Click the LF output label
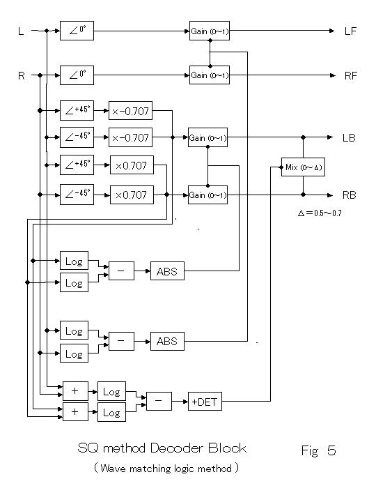tap(350, 31)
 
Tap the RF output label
tap(350, 76)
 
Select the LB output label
tap(349, 137)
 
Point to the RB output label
tap(349, 195)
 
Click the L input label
tap(21, 31)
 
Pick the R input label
tap(22, 76)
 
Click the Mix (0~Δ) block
tap(303, 167)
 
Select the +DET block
tap(205, 402)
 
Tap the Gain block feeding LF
tap(210, 31)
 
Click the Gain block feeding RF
tap(210, 75)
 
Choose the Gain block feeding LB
tap(207, 137)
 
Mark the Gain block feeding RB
tap(207, 195)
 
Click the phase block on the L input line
tap(77, 31)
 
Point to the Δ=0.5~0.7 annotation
tap(320, 213)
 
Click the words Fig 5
tap(318, 450)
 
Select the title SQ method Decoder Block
tap(162, 448)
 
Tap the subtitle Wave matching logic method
tap(166, 469)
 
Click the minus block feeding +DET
tap(159, 401)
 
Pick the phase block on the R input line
tap(77, 75)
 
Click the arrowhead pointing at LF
tap(331, 31)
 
